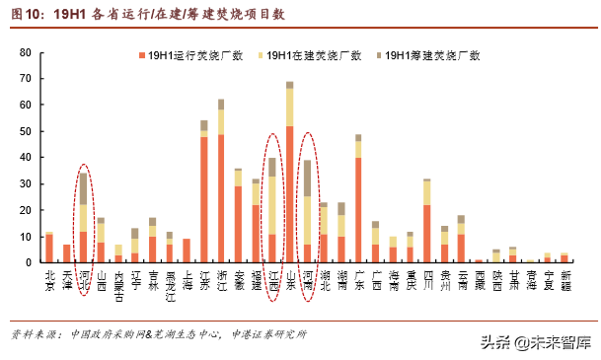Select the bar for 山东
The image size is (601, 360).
[289, 178]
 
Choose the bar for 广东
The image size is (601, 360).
[358, 202]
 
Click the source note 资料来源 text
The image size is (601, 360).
[159, 332]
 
